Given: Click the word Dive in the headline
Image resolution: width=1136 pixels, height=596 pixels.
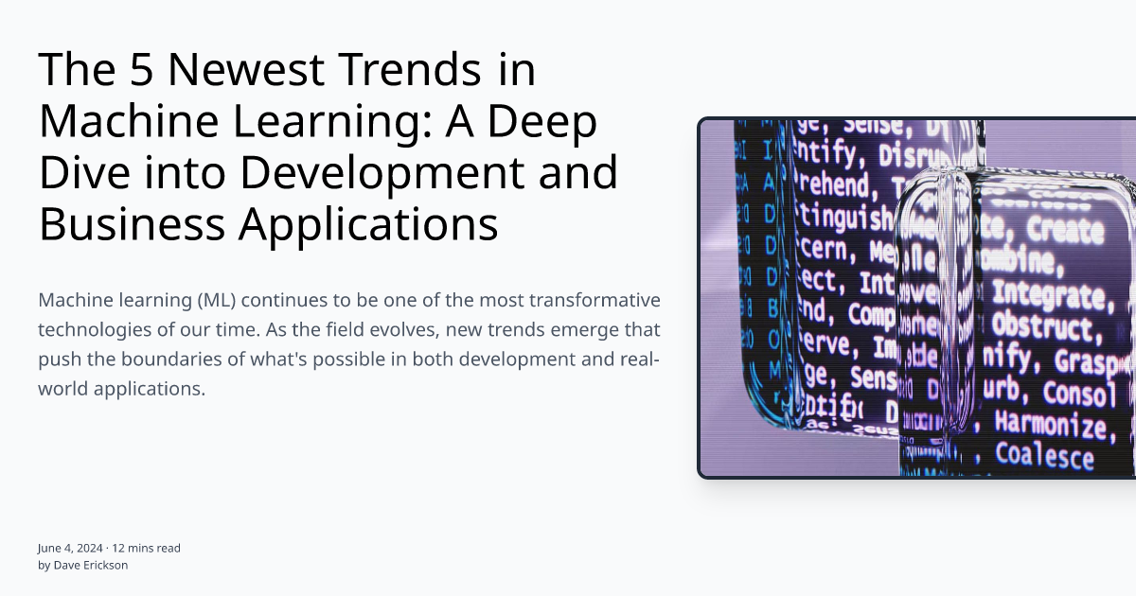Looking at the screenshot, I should tap(82, 173).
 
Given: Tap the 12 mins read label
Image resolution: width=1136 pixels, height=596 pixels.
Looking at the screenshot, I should tap(147, 548).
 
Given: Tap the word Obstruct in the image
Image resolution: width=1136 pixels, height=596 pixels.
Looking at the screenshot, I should tap(1040, 326).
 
